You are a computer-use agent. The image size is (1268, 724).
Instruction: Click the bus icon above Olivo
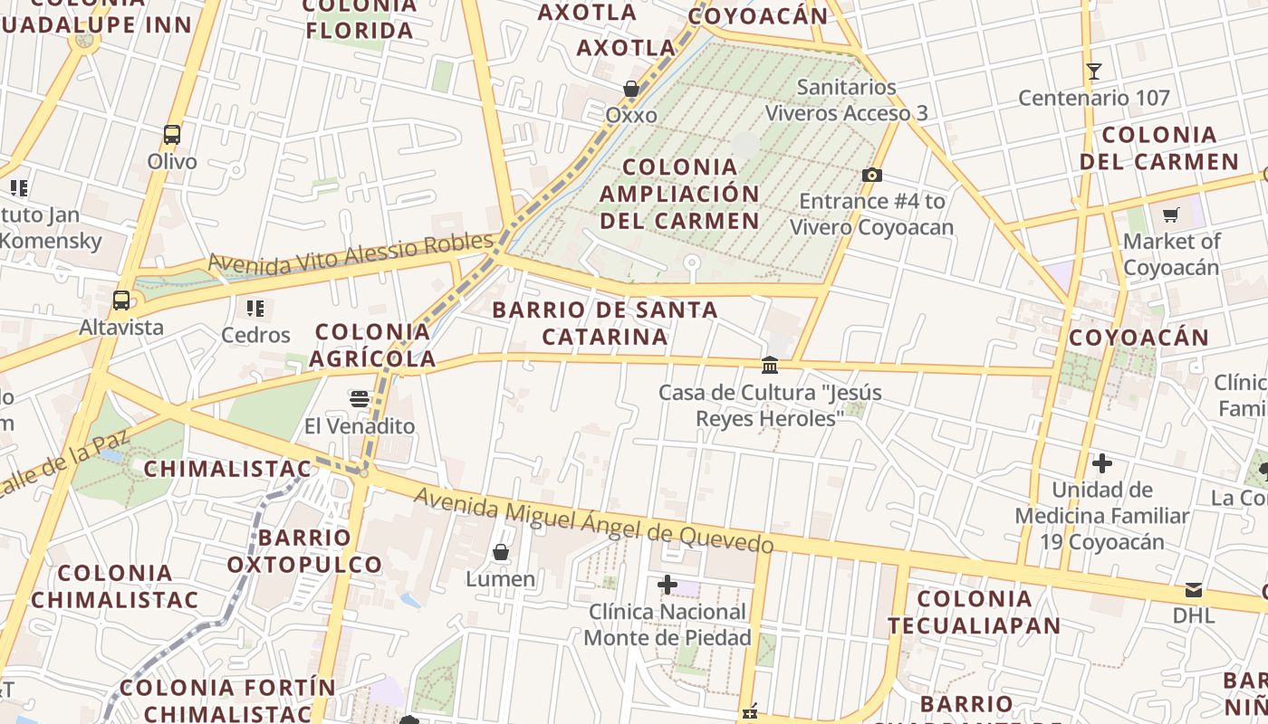click(172, 135)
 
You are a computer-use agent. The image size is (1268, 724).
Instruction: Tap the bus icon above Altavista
click(121, 300)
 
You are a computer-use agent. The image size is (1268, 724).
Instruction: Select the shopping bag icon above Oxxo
click(631, 89)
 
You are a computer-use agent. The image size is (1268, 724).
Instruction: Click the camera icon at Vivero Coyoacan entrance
click(872, 175)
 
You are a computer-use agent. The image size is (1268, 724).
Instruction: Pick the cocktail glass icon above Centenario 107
click(1094, 71)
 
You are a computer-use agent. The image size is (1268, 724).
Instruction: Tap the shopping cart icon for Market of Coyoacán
click(1171, 214)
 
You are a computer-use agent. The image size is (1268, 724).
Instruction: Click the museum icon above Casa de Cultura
click(770, 365)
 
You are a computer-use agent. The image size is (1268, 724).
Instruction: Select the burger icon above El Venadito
click(360, 399)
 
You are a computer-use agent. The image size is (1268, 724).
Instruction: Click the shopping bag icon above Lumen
click(501, 551)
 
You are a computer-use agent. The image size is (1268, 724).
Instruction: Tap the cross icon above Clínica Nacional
click(668, 585)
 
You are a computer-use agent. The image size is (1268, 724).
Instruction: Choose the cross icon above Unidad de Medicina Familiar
click(1102, 463)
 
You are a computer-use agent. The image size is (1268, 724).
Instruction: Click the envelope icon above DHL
click(1194, 590)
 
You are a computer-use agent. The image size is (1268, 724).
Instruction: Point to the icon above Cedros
click(255, 309)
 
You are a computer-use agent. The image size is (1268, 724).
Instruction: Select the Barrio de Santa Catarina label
click(605, 323)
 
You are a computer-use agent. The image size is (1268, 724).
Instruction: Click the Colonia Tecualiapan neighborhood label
click(974, 612)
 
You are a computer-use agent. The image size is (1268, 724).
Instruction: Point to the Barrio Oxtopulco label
click(304, 551)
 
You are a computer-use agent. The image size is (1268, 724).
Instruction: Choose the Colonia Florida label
click(360, 19)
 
